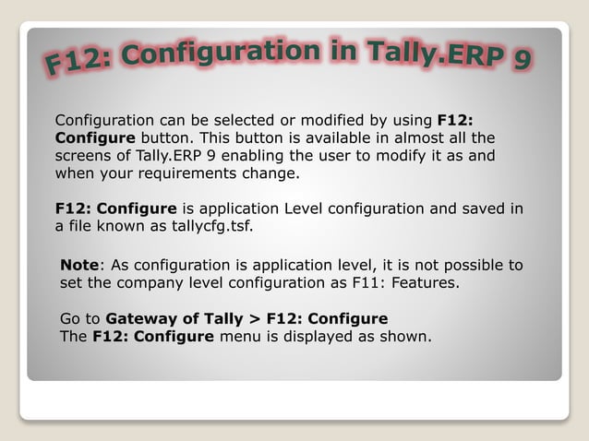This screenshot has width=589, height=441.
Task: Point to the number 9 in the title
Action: (523, 61)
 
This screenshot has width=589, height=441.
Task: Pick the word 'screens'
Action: (85, 155)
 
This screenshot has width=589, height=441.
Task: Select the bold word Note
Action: (79, 266)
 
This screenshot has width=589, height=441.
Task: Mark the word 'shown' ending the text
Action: (405, 337)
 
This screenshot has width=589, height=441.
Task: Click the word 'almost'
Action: (411, 137)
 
